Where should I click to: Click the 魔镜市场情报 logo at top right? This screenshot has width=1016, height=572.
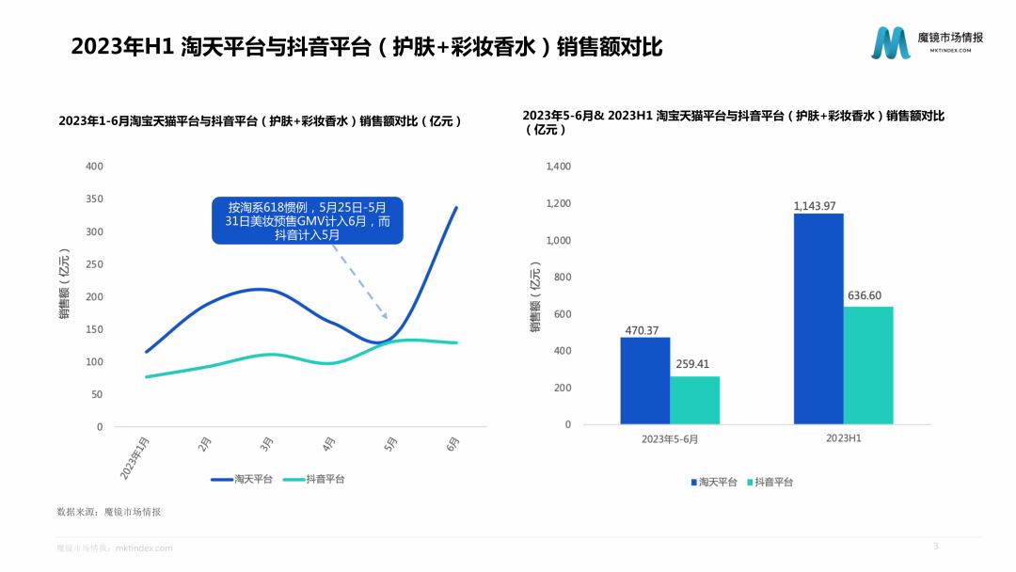pyautogui.click(x=927, y=42)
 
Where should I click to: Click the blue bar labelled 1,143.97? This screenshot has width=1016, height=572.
pyautogui.click(x=818, y=318)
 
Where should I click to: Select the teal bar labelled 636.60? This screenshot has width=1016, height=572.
pyautogui.click(x=867, y=365)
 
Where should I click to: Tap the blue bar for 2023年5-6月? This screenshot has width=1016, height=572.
pyautogui.click(x=644, y=380)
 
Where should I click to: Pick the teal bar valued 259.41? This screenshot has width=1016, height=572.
pyautogui.click(x=694, y=400)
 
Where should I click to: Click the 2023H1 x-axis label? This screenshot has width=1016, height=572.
pyautogui.click(x=843, y=438)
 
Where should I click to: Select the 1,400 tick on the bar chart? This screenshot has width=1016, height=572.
pyautogui.click(x=558, y=167)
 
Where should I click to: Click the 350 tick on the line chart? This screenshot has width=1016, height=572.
pyautogui.click(x=94, y=199)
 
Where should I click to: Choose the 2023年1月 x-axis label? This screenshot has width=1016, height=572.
pyautogui.click(x=133, y=457)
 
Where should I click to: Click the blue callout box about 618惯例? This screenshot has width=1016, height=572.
pyautogui.click(x=307, y=220)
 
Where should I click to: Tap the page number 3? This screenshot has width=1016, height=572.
pyautogui.click(x=935, y=546)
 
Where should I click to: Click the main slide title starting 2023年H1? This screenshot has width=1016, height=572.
pyautogui.click(x=367, y=47)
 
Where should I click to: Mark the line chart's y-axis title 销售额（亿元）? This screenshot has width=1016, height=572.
pyautogui.click(x=64, y=286)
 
